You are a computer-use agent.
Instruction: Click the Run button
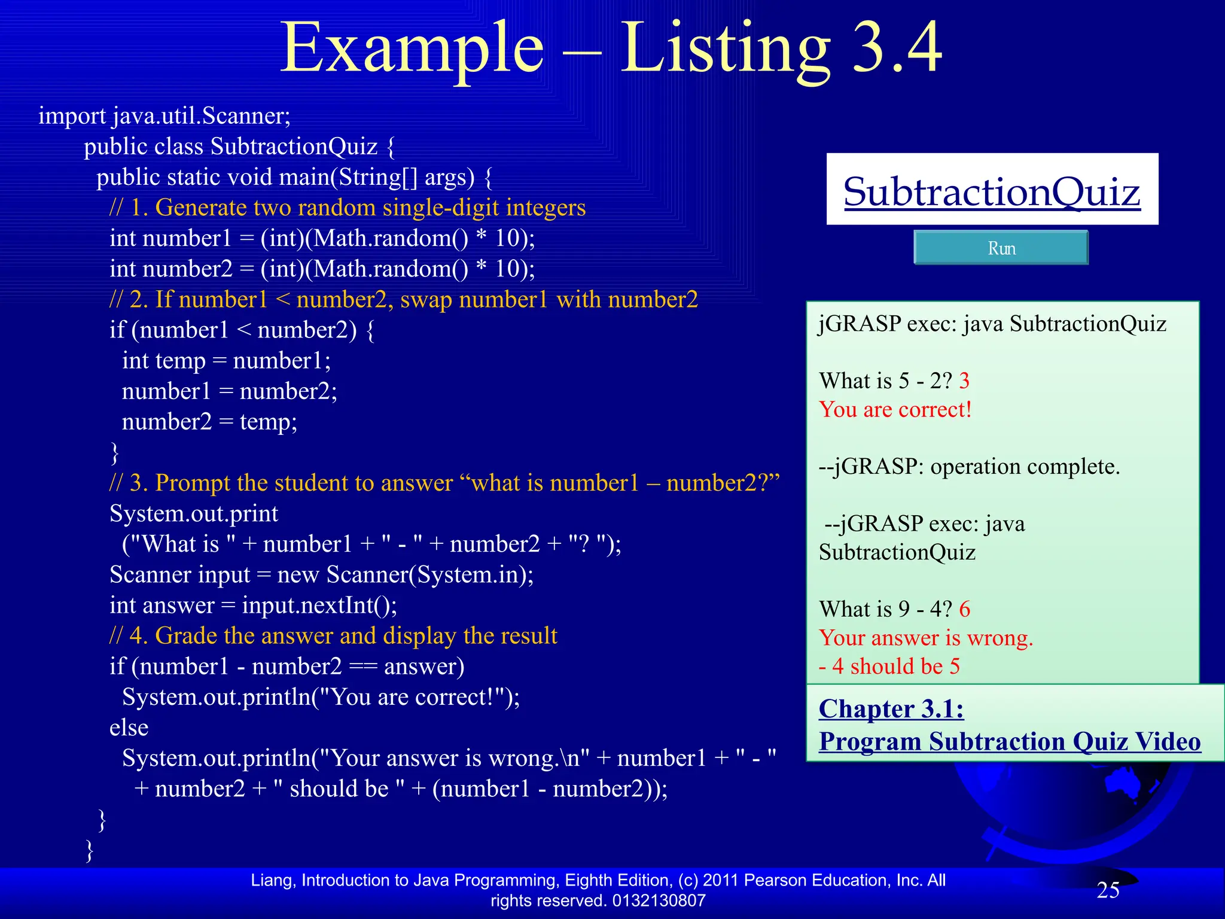1001,248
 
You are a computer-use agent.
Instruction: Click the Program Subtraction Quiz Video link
1010,741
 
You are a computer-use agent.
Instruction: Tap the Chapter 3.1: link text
891,709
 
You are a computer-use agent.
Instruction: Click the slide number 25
1108,890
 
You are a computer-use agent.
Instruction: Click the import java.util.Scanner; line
164,115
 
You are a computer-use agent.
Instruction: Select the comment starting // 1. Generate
347,208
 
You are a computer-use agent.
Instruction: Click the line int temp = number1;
226,361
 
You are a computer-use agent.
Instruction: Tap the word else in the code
129,728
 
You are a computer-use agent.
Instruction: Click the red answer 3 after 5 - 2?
964,381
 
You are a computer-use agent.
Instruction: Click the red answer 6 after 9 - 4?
965,609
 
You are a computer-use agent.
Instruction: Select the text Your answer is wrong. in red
926,638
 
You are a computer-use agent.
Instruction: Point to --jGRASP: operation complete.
969,466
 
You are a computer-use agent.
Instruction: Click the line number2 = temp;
209,422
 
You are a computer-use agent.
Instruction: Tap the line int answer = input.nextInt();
253,605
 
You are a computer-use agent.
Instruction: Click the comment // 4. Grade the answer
333,636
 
